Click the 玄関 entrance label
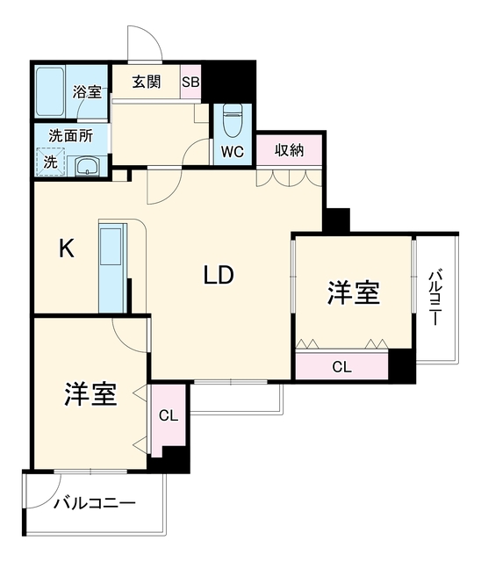click(147, 82)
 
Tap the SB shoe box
click(190, 82)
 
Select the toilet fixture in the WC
click(233, 120)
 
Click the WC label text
click(233, 152)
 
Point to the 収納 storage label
click(289, 150)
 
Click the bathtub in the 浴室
click(50, 91)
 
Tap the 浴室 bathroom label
click(87, 92)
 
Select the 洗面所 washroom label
click(70, 135)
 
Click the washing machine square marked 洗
click(50, 162)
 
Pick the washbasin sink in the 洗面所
click(88, 167)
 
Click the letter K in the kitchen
click(67, 249)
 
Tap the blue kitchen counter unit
click(112, 268)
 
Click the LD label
click(219, 275)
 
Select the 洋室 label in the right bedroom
click(353, 292)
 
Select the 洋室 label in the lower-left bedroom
click(90, 394)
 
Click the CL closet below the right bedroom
click(341, 367)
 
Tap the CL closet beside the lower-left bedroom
click(169, 415)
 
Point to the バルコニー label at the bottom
click(95, 503)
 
